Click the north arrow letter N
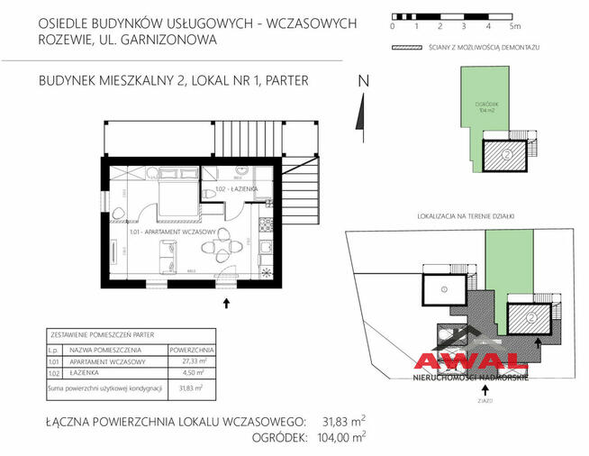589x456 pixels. pos(364,81)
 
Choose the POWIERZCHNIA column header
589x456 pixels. pos(188,348)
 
